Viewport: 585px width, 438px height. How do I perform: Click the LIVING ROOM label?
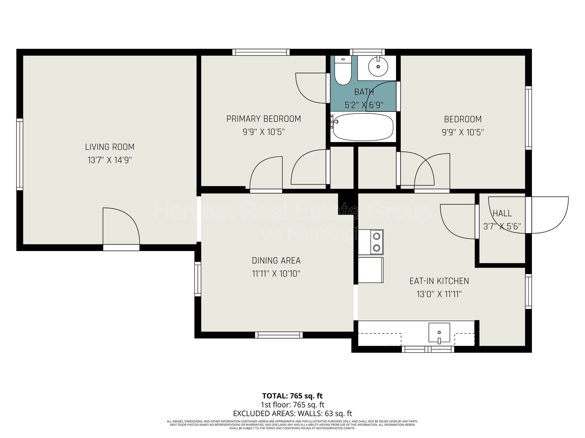point(110,147)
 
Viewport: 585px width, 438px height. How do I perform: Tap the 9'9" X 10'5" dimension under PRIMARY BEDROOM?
point(264,132)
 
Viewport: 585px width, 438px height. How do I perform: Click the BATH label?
point(364,92)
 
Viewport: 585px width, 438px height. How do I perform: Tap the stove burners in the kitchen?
point(375,242)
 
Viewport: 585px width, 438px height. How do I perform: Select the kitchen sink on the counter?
point(439,333)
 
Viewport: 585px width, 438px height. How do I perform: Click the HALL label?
point(502,213)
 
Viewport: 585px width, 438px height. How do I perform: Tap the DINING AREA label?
point(276,261)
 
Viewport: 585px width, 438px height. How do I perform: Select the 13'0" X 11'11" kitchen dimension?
point(439,294)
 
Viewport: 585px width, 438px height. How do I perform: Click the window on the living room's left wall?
point(20,155)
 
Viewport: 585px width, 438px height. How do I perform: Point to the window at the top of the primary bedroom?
point(261,52)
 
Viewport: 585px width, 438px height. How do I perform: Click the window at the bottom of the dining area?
point(279,335)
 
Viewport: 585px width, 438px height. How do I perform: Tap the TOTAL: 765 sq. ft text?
point(292,396)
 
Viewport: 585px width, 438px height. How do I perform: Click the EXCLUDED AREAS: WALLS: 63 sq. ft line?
point(292,414)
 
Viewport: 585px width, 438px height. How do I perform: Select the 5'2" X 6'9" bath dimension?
point(364,105)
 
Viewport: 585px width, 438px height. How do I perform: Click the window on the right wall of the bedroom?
point(528,118)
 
